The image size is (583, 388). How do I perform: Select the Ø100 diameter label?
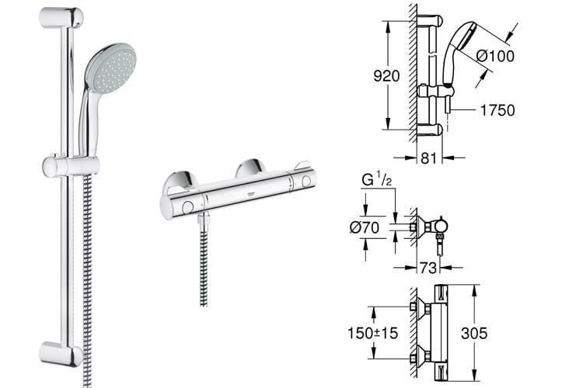(x=495, y=56)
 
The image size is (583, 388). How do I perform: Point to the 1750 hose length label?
(x=497, y=110)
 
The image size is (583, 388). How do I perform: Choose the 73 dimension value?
(x=428, y=267)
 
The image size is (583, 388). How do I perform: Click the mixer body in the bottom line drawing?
(x=439, y=334)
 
